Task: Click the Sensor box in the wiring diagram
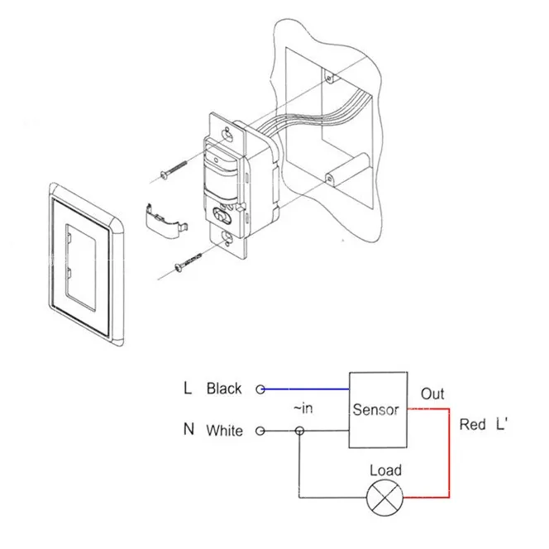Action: tap(378, 409)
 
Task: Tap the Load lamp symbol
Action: tap(384, 498)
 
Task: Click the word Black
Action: tap(224, 389)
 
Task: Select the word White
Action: tap(224, 431)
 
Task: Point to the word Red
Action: tap(472, 424)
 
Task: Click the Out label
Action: tap(432, 394)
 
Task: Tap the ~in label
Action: tap(303, 408)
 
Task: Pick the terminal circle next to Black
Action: tap(260, 389)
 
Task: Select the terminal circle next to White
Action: tap(260, 431)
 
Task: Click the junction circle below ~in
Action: tap(299, 431)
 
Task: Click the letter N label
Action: tap(189, 429)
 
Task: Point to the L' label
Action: tap(501, 424)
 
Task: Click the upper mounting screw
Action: tap(174, 169)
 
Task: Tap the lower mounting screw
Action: tap(188, 262)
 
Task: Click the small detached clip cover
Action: tap(166, 223)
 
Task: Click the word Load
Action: tap(385, 470)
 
